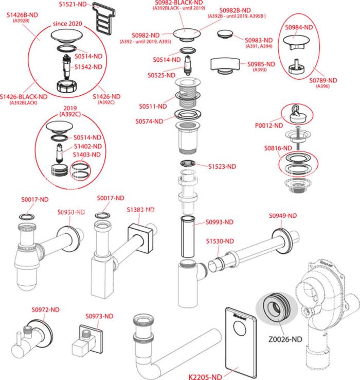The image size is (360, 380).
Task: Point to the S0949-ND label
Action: [283, 215]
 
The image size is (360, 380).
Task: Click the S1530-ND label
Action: [220, 241]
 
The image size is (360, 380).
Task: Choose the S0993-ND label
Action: [220, 222]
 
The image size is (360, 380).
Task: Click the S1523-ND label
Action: [222, 166]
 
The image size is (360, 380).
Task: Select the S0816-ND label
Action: [278, 148]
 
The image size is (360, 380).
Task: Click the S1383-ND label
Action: [140, 210]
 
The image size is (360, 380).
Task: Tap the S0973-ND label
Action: [99, 316]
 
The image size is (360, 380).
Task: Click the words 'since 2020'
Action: [68, 24]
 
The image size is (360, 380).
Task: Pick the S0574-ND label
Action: [149, 121]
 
